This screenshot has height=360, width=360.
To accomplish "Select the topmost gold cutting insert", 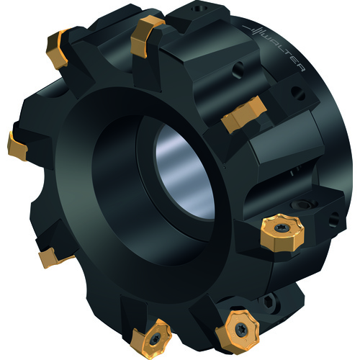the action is [x=147, y=36].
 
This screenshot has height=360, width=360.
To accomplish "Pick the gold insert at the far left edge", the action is [x=17, y=146].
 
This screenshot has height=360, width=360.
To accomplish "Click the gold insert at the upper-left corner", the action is [x=58, y=49].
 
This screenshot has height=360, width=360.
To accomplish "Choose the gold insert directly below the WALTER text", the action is [x=244, y=114].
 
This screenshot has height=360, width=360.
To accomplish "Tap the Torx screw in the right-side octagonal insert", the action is [x=280, y=228].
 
